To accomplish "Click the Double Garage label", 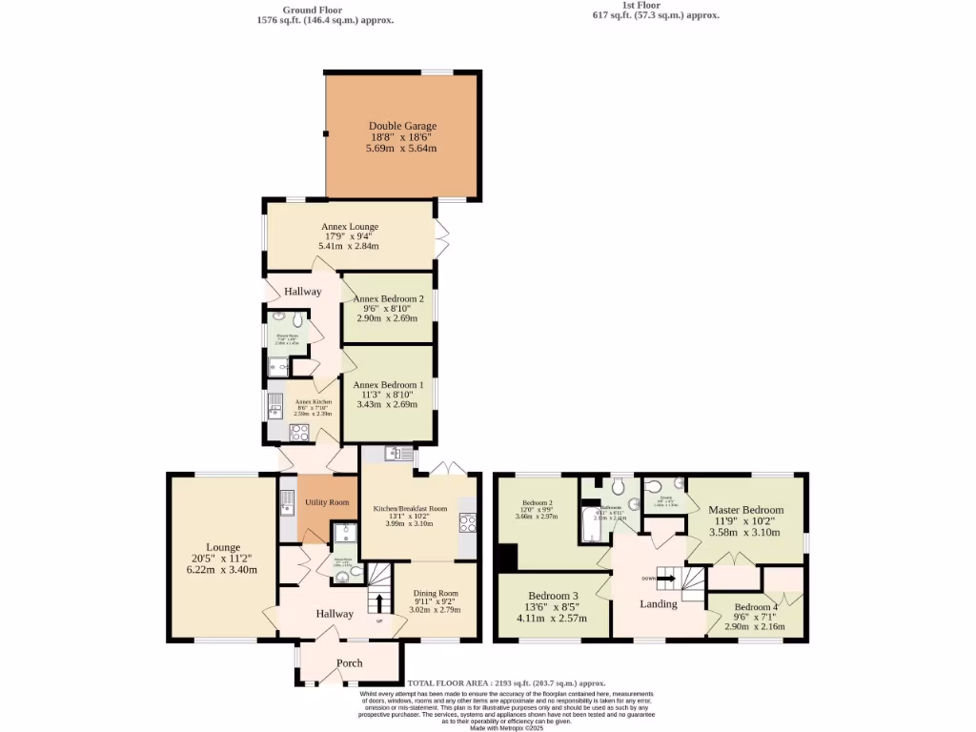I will pyautogui.click(x=402, y=126).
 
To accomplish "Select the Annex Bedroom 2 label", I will pyautogui.click(x=388, y=299).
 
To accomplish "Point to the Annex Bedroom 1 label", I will pyautogui.click(x=388, y=385).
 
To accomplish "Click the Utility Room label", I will pyautogui.click(x=327, y=502).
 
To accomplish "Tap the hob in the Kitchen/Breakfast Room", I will pyautogui.click(x=468, y=522).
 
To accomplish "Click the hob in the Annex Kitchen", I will pyautogui.click(x=299, y=432).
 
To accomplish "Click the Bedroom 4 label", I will pyautogui.click(x=756, y=607).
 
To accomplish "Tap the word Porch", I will pyautogui.click(x=350, y=663).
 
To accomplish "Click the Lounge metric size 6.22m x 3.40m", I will pyautogui.click(x=223, y=570).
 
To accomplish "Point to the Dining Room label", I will pyautogui.click(x=436, y=594).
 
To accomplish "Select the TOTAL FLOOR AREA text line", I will pyautogui.click(x=507, y=683).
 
